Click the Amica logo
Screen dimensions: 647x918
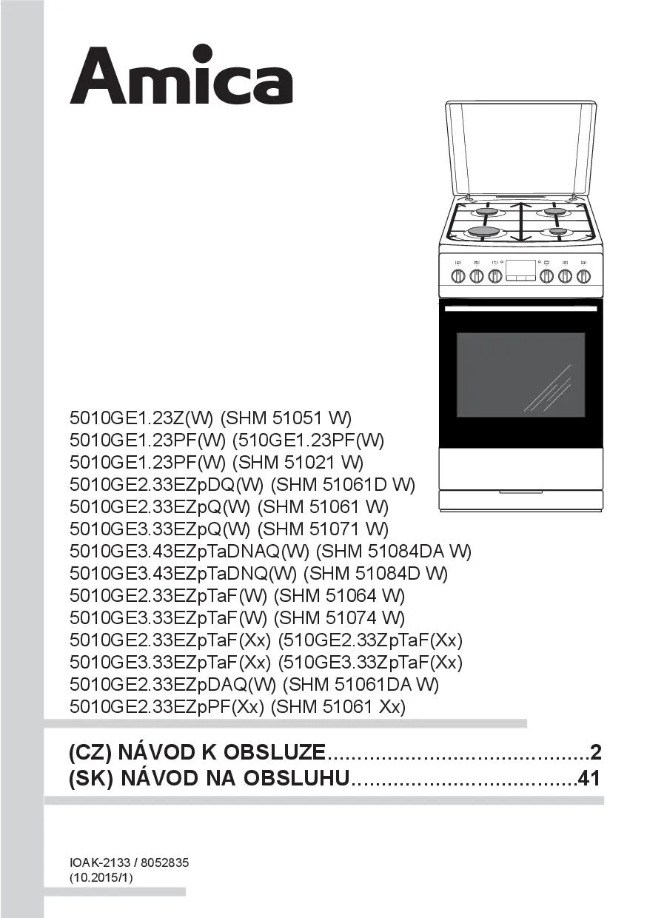(181, 76)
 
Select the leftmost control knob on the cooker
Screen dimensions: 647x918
(458, 276)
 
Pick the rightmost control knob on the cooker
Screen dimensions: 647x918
(583, 276)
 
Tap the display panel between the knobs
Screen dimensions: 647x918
(521, 269)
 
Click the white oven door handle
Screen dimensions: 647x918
(521, 309)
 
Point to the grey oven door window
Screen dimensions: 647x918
(521, 375)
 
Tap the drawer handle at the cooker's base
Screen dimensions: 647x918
(521, 492)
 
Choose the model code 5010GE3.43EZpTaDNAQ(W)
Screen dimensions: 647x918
(190, 552)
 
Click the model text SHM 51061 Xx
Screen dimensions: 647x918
(338, 706)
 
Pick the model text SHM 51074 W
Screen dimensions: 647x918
(339, 617)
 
